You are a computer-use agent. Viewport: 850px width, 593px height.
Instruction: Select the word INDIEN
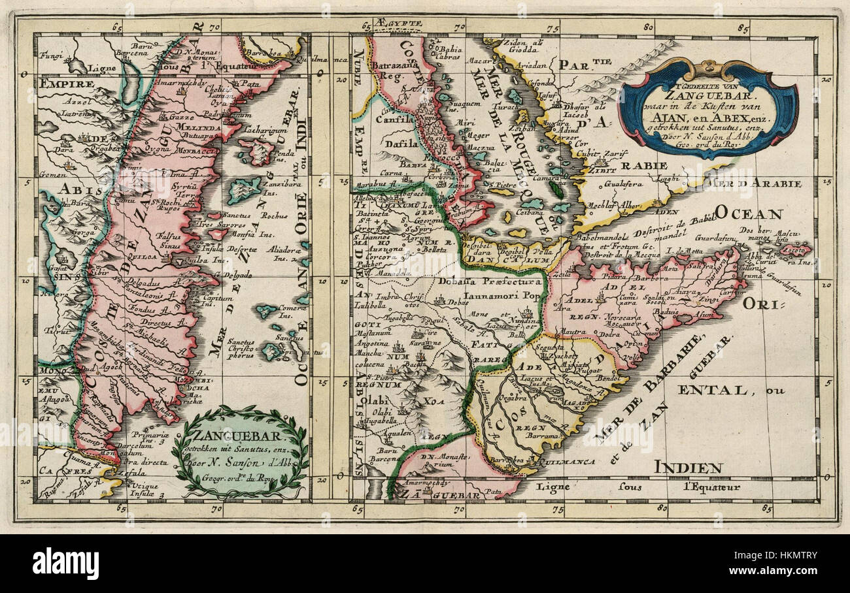pyautogui.click(x=688, y=467)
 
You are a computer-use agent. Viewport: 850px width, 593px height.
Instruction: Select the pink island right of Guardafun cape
pyautogui.click(x=793, y=249)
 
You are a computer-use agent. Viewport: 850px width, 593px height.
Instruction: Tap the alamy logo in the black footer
pyautogui.click(x=65, y=564)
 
